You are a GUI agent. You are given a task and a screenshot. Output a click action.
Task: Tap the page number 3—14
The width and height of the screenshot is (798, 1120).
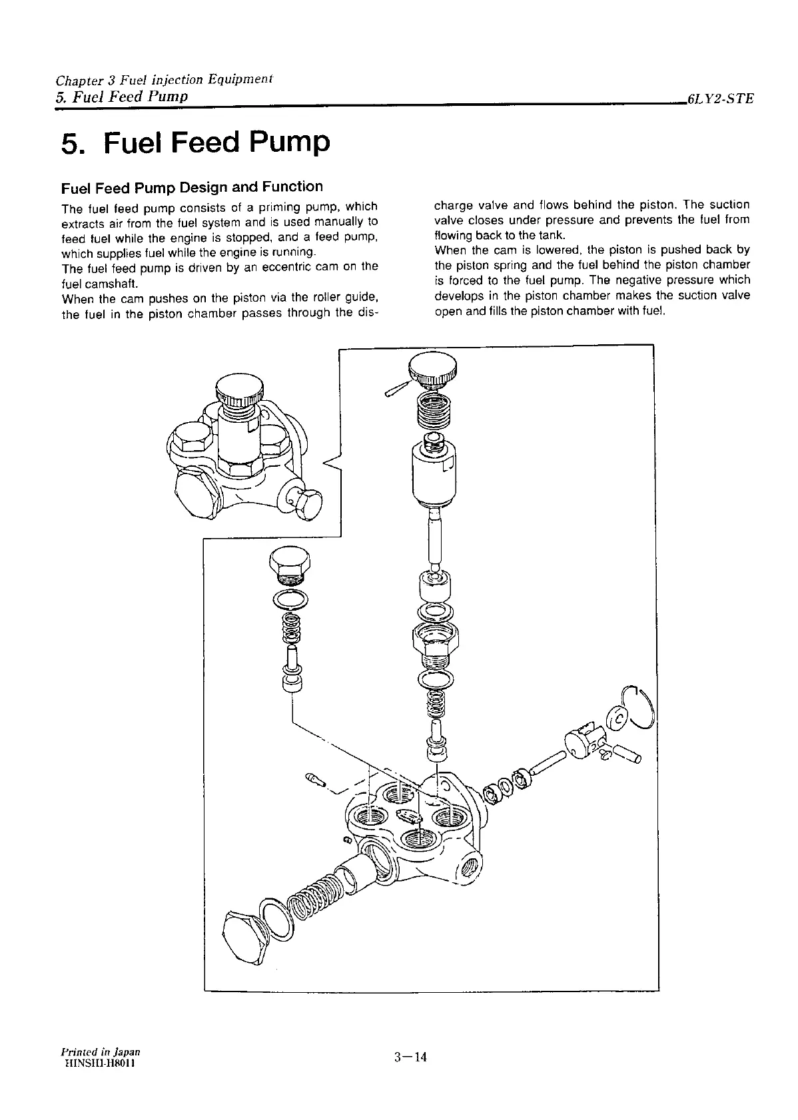409,1057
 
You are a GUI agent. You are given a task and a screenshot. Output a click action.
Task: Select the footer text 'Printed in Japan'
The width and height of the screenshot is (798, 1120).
101,1051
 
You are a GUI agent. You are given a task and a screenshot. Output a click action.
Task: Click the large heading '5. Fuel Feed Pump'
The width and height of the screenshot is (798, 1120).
195,143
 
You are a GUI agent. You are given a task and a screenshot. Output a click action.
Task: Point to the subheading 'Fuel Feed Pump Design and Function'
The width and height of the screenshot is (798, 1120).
192,186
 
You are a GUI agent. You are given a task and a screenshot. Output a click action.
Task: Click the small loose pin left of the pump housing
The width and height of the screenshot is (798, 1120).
315,780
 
